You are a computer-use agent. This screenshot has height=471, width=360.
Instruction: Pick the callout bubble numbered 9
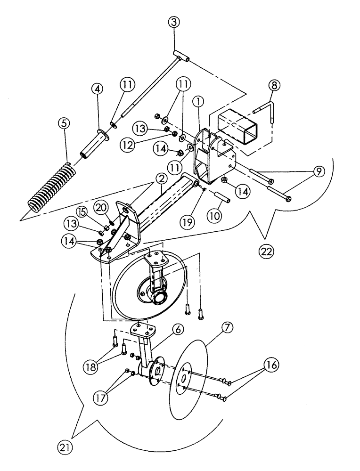pos(319,172)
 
